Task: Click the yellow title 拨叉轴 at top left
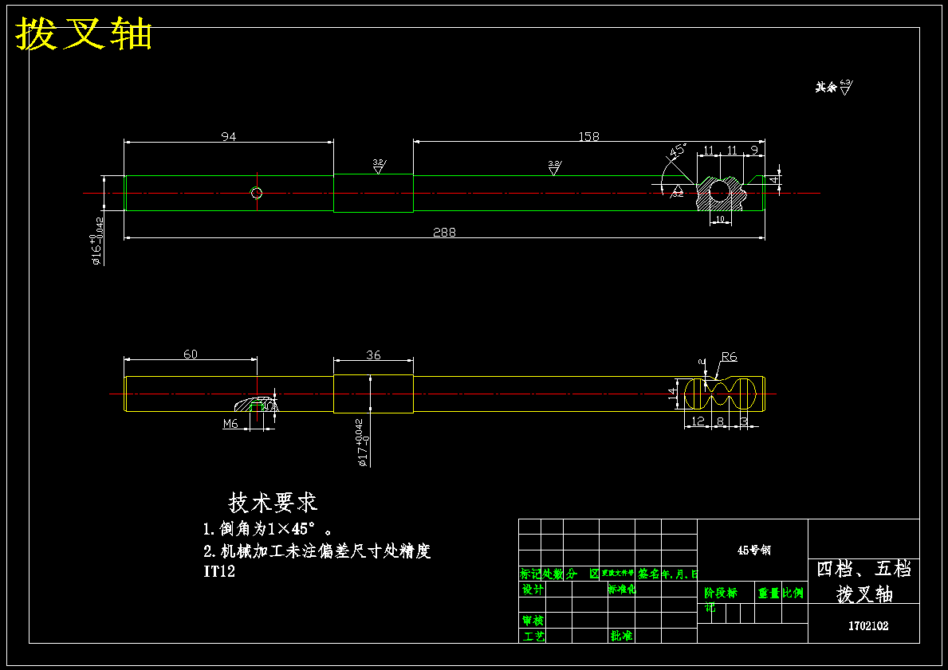coord(85,34)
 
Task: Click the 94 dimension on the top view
coord(229,137)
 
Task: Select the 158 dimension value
coord(588,137)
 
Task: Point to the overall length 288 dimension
coord(444,233)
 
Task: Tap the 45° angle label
coord(678,150)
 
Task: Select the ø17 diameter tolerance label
coord(360,442)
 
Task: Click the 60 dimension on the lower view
coord(191,355)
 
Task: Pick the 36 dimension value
coord(373,355)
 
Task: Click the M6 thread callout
coord(230,424)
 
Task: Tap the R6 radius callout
coord(729,357)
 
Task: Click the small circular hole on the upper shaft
coord(257,193)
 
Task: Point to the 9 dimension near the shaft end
coord(754,150)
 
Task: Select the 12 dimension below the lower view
coord(698,421)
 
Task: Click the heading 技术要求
coord(273,503)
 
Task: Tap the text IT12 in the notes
coord(219,571)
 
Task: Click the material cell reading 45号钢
coord(753,550)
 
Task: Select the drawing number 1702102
coord(867,626)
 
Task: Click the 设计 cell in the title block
coord(533,590)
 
